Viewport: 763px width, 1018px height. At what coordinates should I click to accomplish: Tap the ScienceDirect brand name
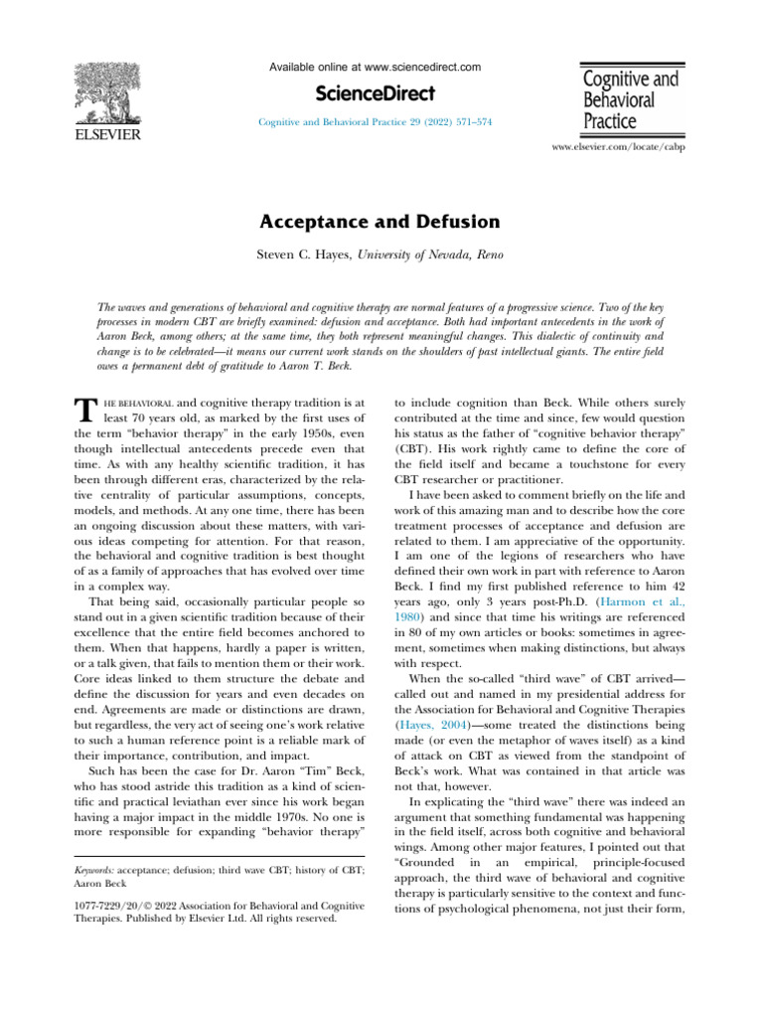pyautogui.click(x=376, y=93)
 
